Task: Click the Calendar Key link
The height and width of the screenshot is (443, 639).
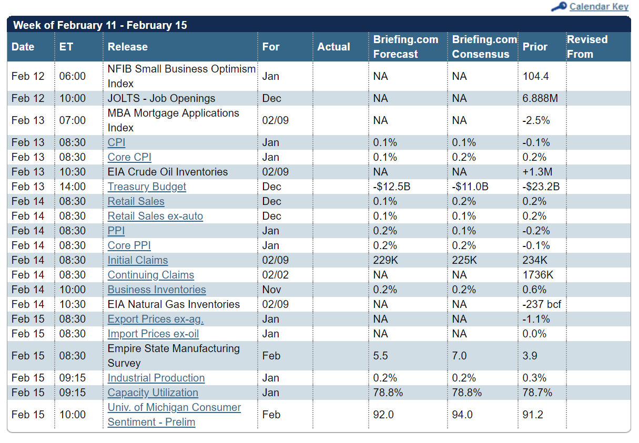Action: point(599,6)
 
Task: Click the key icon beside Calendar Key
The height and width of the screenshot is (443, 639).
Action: point(559,6)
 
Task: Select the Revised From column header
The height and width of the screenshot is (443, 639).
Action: point(587,47)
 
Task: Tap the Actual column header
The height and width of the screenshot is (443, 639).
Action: point(333,47)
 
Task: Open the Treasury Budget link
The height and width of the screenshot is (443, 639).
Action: point(147,187)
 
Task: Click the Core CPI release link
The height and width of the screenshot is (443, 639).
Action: point(129,157)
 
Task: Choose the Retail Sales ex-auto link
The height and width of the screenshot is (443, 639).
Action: point(155,216)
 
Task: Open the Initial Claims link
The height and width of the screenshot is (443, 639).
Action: point(137,260)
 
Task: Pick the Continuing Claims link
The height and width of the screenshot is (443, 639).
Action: point(150,275)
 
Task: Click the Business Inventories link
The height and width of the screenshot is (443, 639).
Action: point(157,290)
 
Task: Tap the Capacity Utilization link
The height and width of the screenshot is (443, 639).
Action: point(153,393)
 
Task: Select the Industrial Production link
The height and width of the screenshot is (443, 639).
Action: point(156,378)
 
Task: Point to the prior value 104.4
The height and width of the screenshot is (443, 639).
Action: point(535,76)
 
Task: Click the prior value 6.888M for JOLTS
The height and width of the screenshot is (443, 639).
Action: point(540,98)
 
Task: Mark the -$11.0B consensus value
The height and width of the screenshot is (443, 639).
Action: point(470,187)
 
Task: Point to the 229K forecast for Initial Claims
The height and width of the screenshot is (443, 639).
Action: point(386,260)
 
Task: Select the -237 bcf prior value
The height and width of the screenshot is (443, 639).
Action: point(541,304)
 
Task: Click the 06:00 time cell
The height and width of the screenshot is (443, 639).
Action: point(72,76)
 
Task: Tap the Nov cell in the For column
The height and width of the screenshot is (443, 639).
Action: point(271,290)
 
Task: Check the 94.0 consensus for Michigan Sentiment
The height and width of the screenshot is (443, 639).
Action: point(462,415)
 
